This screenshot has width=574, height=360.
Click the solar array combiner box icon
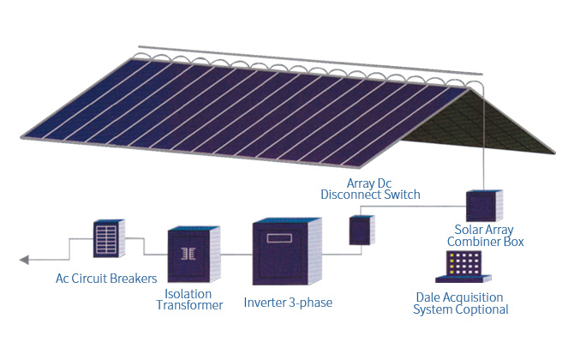point(479,207)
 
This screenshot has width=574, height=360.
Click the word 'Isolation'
point(188,294)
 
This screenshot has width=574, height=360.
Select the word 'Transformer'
point(193,305)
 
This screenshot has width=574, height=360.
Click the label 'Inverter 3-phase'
point(287,303)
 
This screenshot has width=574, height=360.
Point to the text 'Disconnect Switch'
point(370,195)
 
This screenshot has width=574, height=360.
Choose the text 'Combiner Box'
point(489,242)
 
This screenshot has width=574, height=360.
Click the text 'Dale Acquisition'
point(460,297)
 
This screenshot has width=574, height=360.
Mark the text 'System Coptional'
point(460,309)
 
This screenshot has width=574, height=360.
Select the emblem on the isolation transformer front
point(188,254)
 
